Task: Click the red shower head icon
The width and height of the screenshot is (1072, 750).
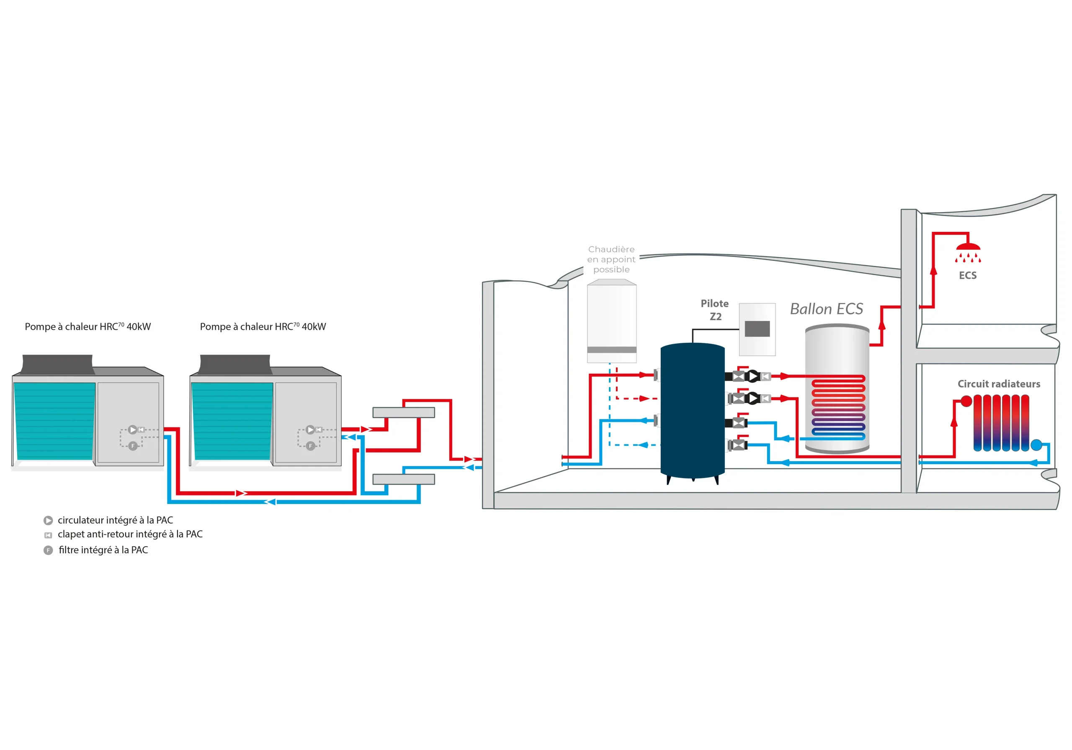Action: (x=967, y=252)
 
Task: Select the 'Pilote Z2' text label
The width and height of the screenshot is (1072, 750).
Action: (x=715, y=310)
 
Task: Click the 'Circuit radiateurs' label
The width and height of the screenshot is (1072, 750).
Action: (x=999, y=384)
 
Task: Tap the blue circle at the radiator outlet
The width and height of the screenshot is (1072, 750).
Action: (x=1036, y=445)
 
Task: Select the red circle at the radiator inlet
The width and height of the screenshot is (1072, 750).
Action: (x=966, y=401)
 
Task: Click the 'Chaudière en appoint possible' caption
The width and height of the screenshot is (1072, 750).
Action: (x=611, y=259)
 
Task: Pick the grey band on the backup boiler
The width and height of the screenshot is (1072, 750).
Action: (x=612, y=349)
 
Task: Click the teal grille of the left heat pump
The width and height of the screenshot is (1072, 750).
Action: (x=54, y=421)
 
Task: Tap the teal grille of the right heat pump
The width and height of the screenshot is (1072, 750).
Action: (x=232, y=421)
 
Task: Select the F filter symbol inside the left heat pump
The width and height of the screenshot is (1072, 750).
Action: (x=133, y=446)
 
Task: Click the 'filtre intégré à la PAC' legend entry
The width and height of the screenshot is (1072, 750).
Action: (x=103, y=550)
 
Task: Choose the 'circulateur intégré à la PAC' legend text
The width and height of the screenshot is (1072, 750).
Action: (x=115, y=520)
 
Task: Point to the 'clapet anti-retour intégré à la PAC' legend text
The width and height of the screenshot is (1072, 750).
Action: (x=130, y=534)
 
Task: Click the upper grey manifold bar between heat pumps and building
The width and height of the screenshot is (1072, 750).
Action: (x=403, y=413)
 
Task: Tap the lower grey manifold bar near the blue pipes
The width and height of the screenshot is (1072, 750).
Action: (x=403, y=479)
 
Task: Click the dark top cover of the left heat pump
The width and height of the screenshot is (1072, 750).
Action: (x=57, y=364)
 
